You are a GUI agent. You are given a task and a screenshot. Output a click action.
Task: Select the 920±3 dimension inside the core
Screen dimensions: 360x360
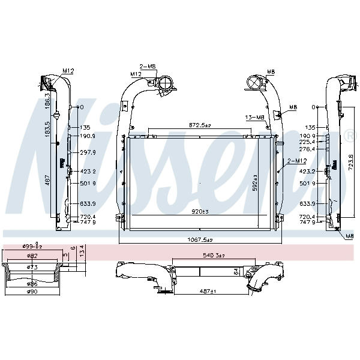200,211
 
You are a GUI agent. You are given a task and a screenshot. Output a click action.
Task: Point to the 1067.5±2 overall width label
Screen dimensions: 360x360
199,239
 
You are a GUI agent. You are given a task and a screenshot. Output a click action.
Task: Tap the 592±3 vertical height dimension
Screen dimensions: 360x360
255,182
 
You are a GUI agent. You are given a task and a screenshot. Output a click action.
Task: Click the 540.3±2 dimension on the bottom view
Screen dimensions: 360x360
212,256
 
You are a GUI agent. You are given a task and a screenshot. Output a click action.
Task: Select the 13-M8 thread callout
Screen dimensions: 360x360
255,117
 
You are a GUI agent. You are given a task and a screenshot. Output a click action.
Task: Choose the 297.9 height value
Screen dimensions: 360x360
88,152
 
